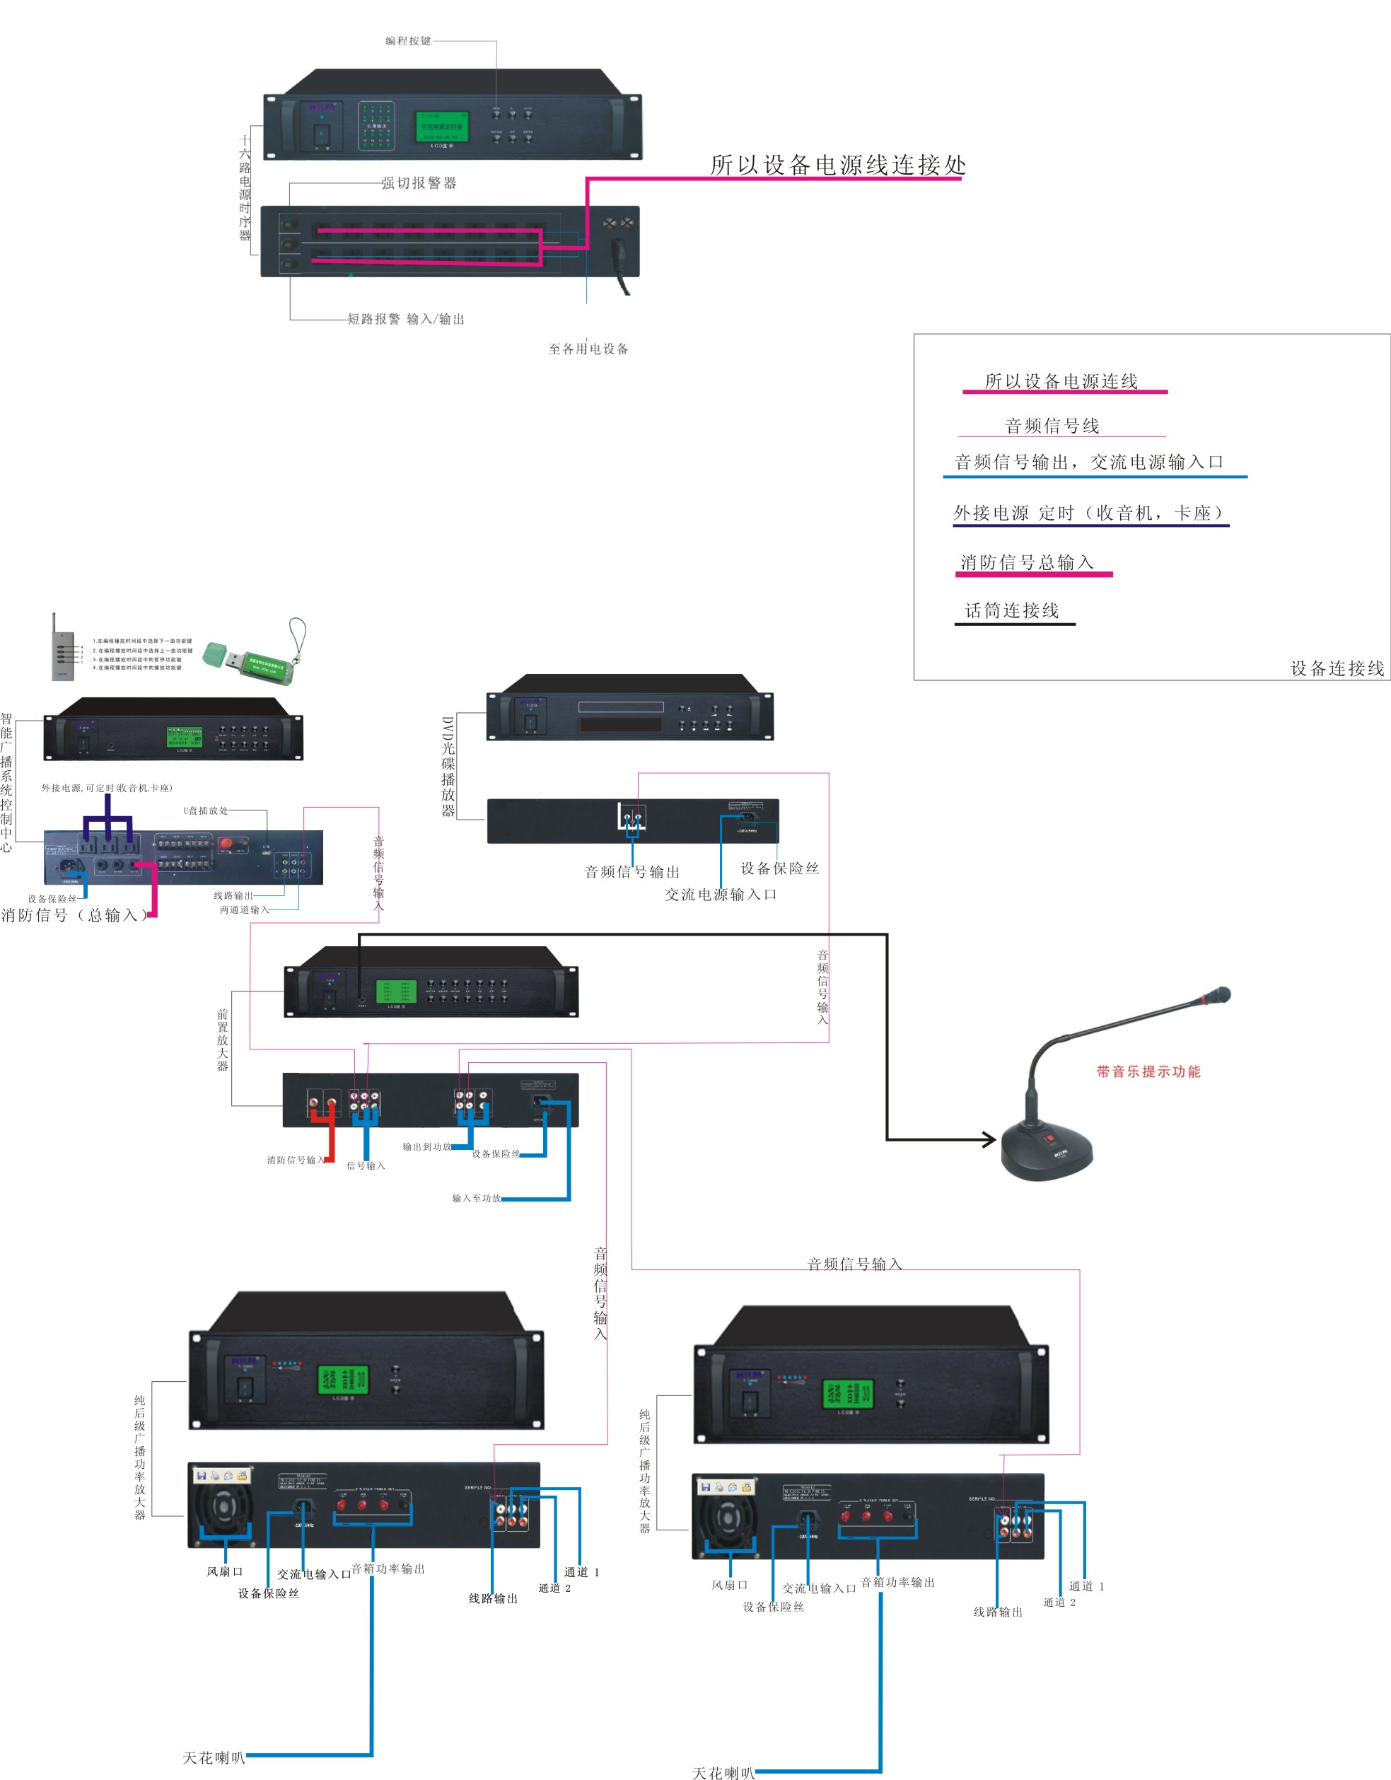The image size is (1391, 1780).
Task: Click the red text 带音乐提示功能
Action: [x=1148, y=1072]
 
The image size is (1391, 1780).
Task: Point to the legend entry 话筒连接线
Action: [x=1012, y=610]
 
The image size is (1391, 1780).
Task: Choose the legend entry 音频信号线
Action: [x=1052, y=426]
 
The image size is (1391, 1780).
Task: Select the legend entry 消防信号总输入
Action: [x=1027, y=562]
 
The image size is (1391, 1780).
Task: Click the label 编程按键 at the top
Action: [x=408, y=41]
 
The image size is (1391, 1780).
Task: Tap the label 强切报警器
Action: [x=419, y=183]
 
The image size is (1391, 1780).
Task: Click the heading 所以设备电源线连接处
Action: [x=838, y=165]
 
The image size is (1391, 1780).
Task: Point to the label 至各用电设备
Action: [x=588, y=349]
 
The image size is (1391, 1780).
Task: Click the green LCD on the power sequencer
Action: [x=442, y=127]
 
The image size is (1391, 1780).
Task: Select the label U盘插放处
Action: [x=205, y=810]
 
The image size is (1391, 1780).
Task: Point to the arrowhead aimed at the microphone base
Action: [x=989, y=1139]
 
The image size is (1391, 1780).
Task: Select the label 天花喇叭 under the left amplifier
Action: [x=214, y=1757]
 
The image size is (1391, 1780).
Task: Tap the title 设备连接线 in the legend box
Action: [x=1337, y=668]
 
